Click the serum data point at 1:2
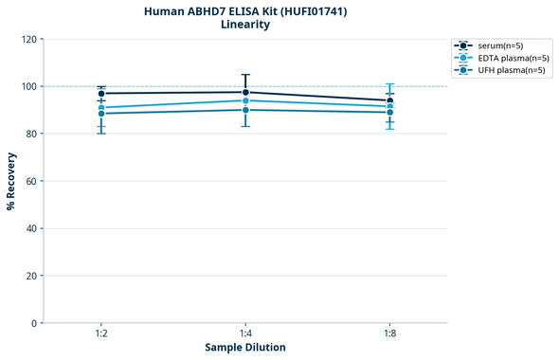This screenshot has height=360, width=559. click(x=101, y=94)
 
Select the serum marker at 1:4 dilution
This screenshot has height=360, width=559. click(x=245, y=92)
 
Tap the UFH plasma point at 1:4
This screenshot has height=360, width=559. click(x=245, y=110)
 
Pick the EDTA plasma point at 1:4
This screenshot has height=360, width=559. click(x=245, y=100)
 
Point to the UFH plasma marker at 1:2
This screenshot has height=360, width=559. click(x=101, y=114)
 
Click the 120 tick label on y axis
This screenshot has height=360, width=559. click(x=28, y=39)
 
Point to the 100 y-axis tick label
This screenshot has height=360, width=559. click(x=28, y=86)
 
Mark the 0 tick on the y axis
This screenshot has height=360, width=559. click(x=34, y=323)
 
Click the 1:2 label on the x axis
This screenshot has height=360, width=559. click(x=101, y=334)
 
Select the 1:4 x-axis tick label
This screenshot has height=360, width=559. click(x=245, y=334)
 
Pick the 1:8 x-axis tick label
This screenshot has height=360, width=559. click(x=389, y=334)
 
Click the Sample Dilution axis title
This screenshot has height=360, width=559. click(x=245, y=348)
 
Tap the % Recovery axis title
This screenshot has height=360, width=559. click(x=11, y=180)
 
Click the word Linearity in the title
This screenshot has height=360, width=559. click(x=244, y=25)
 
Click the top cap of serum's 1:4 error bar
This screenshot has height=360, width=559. click(x=245, y=75)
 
